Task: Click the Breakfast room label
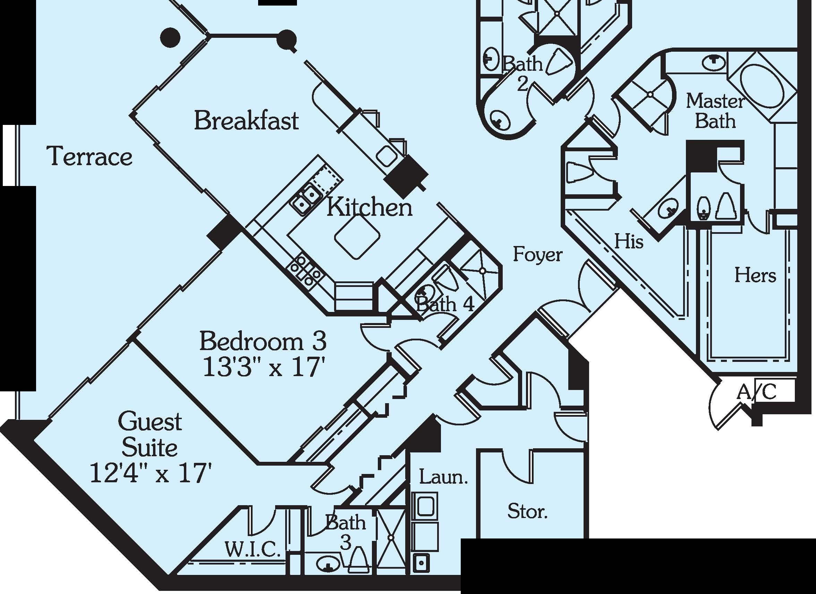click(x=246, y=121)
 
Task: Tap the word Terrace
click(x=90, y=157)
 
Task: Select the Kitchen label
click(x=369, y=208)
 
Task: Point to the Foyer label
click(x=537, y=255)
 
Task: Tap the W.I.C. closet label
click(x=253, y=549)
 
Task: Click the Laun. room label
click(x=444, y=477)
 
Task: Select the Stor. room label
click(x=527, y=511)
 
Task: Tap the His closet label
click(x=629, y=241)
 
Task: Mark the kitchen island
click(x=357, y=237)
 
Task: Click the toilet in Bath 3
click(x=358, y=561)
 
